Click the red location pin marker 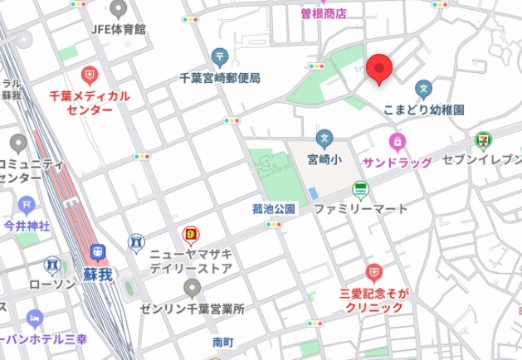(378, 68)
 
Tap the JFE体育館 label (118, 28)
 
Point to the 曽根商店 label (323, 13)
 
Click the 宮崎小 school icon (324, 137)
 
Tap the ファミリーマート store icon (360, 188)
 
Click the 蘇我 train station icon (98, 251)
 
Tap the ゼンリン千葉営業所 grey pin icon (192, 288)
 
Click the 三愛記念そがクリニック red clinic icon (373, 272)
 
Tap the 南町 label (223, 341)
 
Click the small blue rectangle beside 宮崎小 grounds (312, 193)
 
